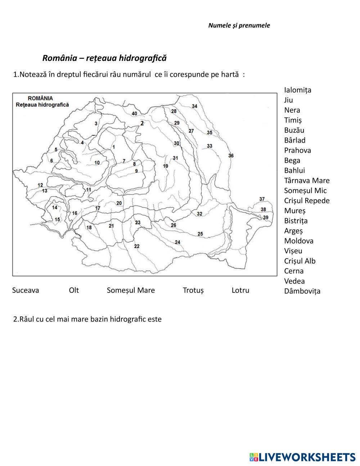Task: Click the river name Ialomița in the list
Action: tap(298, 90)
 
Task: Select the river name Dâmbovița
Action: tap(302, 291)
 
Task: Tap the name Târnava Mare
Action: tap(307, 180)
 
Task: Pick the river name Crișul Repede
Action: tap(307, 201)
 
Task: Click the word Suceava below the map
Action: tap(26, 290)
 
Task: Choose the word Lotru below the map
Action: tap(240, 290)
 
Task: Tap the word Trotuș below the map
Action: tap(193, 290)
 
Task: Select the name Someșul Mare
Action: tap(131, 290)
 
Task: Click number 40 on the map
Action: tap(134, 113)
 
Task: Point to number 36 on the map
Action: tap(231, 156)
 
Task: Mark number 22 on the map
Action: tap(136, 246)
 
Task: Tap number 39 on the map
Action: tap(266, 218)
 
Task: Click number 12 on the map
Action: tap(40, 185)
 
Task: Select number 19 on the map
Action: tap(166, 166)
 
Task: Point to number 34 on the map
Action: tap(194, 106)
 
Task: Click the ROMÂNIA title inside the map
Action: tap(40, 98)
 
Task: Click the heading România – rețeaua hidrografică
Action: tap(104, 58)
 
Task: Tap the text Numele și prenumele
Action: tap(239, 26)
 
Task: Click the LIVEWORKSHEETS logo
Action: tap(302, 457)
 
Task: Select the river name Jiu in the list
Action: tap(288, 100)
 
